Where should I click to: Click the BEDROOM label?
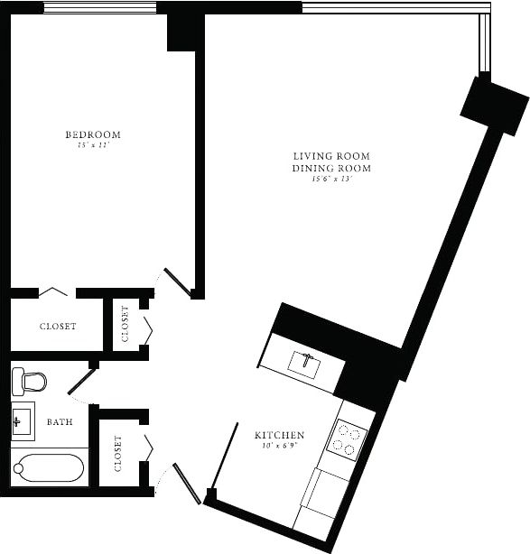point(92,134)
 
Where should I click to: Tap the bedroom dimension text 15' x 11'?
point(92,145)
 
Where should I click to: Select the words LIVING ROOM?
point(331,156)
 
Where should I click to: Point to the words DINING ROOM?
point(331,168)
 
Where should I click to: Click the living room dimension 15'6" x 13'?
point(331,179)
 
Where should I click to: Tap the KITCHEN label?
point(279,435)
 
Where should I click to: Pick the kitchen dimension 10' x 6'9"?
point(279,446)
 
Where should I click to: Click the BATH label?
point(60,421)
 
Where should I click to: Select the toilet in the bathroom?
point(29,381)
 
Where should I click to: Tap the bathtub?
point(49,468)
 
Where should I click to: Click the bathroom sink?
point(23,420)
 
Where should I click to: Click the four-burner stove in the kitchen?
point(350,439)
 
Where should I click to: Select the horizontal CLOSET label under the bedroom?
point(58,327)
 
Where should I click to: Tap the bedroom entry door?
point(178,282)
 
